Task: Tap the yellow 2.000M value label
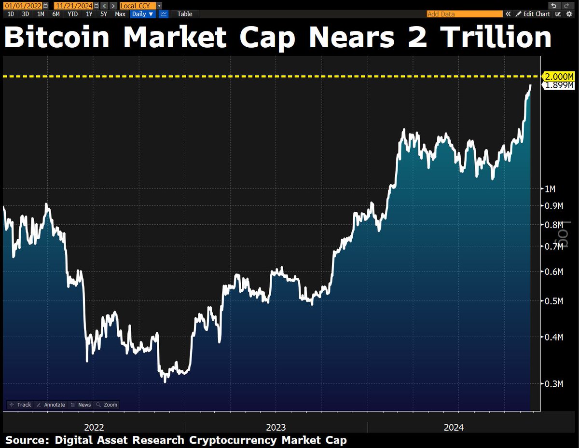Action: [560, 77]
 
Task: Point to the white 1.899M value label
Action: [560, 85]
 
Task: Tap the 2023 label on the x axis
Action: [276, 427]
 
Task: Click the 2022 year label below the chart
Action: [94, 427]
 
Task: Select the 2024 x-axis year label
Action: [454, 427]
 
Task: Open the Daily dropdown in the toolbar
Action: [143, 14]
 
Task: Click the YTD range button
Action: [72, 14]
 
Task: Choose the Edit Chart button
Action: [533, 14]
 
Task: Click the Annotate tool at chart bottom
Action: [51, 405]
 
